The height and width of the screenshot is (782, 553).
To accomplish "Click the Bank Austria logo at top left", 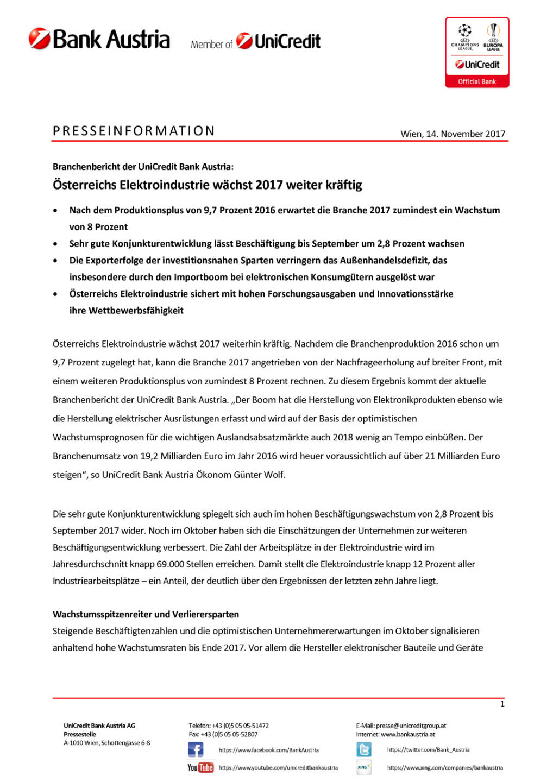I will coord(99,39).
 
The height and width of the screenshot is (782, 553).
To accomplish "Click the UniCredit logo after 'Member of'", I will coord(279,41).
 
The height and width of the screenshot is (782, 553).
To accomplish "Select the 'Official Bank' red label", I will coord(477,81).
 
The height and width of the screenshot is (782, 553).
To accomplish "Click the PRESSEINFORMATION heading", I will coord(134,131).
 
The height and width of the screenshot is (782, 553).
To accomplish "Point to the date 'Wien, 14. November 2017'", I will coord(453,134).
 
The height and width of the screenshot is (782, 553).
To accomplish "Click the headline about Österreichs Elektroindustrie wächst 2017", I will coord(207,185).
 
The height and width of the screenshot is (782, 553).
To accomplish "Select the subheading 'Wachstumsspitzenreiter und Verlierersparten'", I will coord(146,614).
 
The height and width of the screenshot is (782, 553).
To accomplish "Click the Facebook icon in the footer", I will coord(196,750).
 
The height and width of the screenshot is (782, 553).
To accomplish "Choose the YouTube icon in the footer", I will coord(200,767).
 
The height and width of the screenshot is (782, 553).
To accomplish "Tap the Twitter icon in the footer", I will coord(364,750).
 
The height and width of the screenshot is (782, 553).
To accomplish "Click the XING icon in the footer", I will coord(364,767).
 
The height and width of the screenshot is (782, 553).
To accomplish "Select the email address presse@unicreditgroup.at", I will coord(411,726).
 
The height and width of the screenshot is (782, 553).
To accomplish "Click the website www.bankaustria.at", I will coord(407,734).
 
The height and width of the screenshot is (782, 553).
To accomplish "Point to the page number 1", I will coord(502,704).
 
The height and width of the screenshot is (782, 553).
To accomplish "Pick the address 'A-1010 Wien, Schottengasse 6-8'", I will coord(107,743).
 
